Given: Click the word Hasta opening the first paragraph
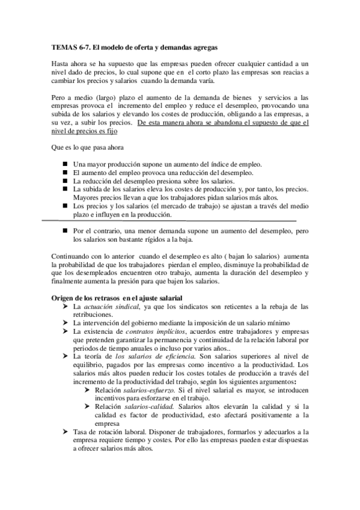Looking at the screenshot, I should click(61, 63).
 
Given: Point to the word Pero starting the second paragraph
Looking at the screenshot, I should click(59, 97).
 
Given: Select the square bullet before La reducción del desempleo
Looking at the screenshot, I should click(65, 180).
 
